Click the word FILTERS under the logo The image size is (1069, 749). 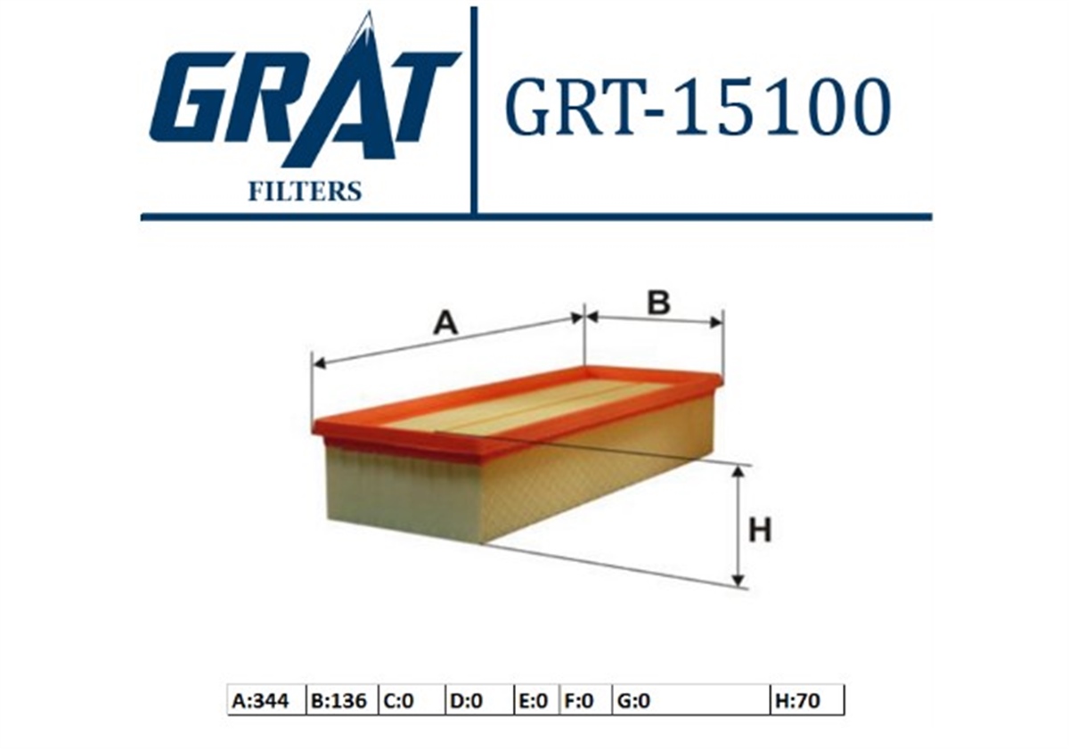[305, 191]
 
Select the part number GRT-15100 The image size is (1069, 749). [698, 107]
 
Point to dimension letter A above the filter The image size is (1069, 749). [445, 323]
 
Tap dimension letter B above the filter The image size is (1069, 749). [659, 303]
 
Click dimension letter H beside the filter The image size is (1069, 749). [760, 530]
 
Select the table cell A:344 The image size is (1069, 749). [266, 701]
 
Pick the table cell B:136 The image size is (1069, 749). [342, 701]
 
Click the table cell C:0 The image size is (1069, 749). [412, 701]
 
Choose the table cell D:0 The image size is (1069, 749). [479, 701]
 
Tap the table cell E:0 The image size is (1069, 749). [536, 701]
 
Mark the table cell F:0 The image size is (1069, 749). [585, 701]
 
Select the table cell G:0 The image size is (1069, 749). [691, 701]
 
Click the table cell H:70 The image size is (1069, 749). [807, 701]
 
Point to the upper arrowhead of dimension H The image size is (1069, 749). [739, 473]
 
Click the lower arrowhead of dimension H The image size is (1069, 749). [739, 581]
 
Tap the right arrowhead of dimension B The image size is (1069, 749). [716, 322]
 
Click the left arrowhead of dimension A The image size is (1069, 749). [318, 364]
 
